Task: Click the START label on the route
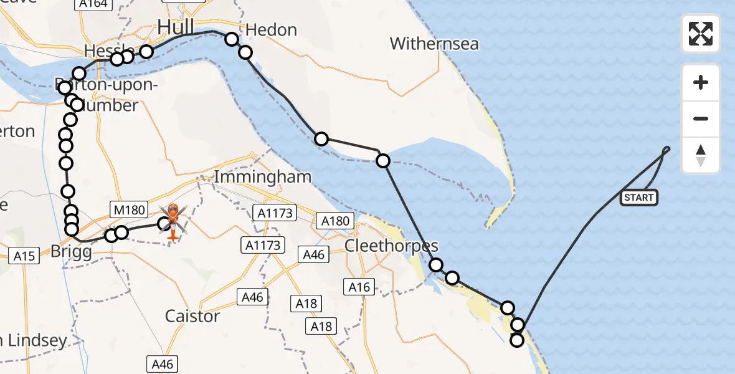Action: coord(638,198)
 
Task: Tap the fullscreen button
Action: coord(701,34)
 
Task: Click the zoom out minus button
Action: coord(701,118)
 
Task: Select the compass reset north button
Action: coord(701,155)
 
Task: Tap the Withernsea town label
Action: coord(434,44)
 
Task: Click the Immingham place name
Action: coord(262,177)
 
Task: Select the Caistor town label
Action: coord(192,316)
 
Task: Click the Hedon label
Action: coord(271,30)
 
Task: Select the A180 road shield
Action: coord(334,221)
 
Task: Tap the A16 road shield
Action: coord(359,287)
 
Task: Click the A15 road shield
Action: coord(26,254)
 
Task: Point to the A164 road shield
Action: coord(93,4)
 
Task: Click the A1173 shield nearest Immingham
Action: coord(274,214)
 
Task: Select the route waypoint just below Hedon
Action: coord(245,52)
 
